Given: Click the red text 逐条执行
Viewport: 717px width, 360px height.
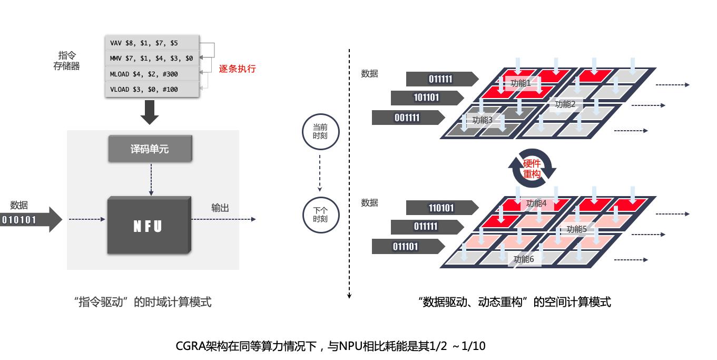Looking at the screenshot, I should [x=237, y=69].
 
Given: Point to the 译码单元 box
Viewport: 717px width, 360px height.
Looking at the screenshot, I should [x=150, y=149].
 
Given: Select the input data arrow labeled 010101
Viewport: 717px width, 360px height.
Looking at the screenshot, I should [x=30, y=219].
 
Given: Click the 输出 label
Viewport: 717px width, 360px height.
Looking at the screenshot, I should [x=220, y=208].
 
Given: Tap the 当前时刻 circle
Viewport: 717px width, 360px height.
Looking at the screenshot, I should [x=320, y=131].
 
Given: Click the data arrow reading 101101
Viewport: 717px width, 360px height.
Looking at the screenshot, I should [x=427, y=98].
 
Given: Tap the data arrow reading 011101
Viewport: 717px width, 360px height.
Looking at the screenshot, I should [x=406, y=246].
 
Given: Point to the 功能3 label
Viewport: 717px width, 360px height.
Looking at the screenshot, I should [x=483, y=120].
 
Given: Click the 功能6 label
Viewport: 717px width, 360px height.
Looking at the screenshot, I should [x=524, y=259].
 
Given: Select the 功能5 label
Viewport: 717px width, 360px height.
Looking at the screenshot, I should [x=577, y=229].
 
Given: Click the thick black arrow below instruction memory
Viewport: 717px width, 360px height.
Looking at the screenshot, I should [x=150, y=112].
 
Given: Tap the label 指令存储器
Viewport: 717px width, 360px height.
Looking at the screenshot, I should [x=66, y=61].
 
